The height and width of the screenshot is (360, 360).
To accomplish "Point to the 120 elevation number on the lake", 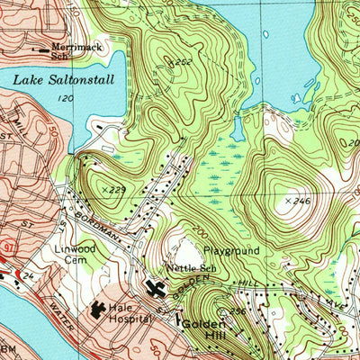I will (x=64, y=97).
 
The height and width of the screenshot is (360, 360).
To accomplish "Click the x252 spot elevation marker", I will (x=181, y=63).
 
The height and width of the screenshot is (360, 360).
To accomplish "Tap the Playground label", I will (x=230, y=250).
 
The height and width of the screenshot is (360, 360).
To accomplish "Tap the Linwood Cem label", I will (x=69, y=254).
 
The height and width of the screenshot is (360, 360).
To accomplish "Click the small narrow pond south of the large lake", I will (x=237, y=129).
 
